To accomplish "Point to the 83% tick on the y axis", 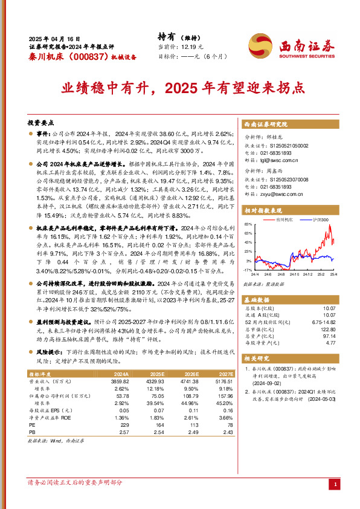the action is coord(248,224).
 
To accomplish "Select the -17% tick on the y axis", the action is coord(247,270).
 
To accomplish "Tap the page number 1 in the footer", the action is coord(335,484).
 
